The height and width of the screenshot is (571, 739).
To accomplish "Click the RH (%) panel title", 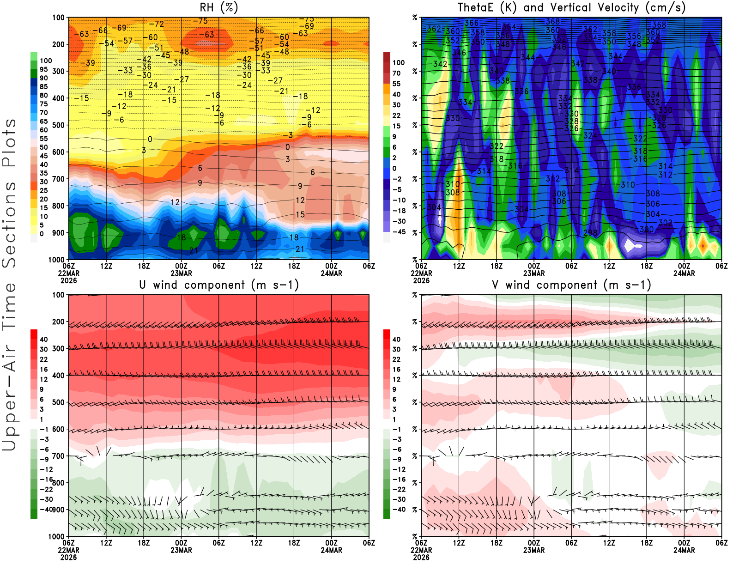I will [x=218, y=8].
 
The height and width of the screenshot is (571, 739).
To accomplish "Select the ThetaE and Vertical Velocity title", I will [x=571, y=8].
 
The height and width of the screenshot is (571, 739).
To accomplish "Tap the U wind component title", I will [x=218, y=285].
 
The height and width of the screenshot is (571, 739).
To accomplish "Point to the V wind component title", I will [x=571, y=285].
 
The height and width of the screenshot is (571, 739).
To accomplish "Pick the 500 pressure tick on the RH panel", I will [x=58, y=125].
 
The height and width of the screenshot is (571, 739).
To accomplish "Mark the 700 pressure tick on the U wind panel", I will [x=58, y=456].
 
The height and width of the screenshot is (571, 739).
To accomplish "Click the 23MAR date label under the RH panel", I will [x=181, y=273].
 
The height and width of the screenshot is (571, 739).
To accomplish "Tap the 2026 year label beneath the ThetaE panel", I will [x=421, y=280].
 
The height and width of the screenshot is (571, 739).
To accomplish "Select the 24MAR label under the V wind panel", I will [x=684, y=550].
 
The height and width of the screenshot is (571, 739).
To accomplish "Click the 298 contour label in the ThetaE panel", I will [x=590, y=233].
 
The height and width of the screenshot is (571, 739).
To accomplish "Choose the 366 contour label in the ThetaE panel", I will [x=472, y=23].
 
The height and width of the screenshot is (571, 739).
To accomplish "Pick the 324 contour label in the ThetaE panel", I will [x=590, y=136].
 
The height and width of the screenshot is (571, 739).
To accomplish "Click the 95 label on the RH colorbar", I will [x=44, y=69].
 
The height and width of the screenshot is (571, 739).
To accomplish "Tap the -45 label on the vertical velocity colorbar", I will [x=399, y=232].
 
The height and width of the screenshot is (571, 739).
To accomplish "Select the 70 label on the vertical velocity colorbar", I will [x=396, y=73].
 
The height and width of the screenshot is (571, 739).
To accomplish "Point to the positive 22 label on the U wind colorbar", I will [x=44, y=359].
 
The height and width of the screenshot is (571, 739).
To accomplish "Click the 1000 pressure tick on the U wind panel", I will [x=56, y=536].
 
